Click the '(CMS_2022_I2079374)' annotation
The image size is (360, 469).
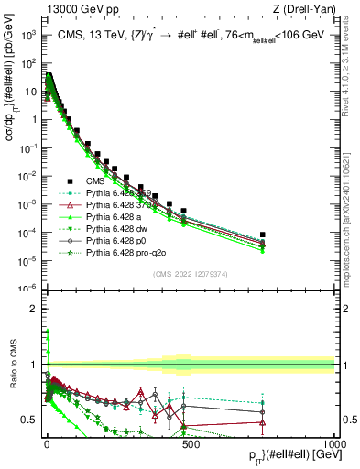point(191,272)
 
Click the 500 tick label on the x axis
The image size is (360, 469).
point(190,443)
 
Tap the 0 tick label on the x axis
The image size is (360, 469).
point(46,443)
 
